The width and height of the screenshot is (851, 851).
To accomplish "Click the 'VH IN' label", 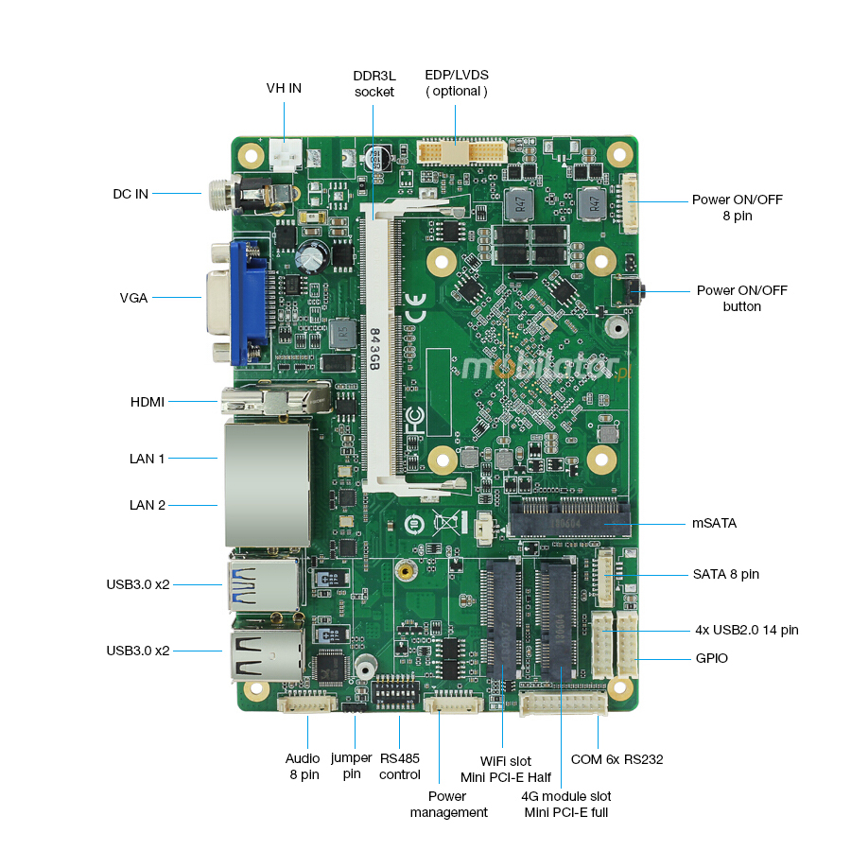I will [284, 88].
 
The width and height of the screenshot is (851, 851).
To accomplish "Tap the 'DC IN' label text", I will [130, 194].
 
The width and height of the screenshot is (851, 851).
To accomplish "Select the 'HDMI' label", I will [148, 402].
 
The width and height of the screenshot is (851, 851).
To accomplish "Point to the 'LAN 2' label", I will [148, 505].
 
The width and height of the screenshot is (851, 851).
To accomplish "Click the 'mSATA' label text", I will [714, 523].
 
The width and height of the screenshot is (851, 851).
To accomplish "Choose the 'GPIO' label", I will [712, 658].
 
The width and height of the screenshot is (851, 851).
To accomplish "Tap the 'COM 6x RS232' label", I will [617, 759].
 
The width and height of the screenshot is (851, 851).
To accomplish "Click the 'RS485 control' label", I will [400, 766].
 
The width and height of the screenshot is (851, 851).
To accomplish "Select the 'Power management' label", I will [449, 804].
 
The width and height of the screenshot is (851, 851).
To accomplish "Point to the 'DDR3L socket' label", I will [374, 83].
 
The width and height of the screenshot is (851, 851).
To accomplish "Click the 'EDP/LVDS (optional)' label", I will [457, 82].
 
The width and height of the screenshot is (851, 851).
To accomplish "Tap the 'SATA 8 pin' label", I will [726, 574].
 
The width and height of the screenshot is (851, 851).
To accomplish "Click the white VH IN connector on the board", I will [285, 152].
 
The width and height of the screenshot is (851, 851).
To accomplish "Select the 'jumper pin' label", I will [352, 766].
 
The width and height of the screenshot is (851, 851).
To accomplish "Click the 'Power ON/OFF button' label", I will [741, 298].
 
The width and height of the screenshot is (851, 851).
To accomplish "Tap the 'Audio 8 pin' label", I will [304, 766].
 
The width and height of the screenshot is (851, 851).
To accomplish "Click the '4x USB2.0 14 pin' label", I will [746, 630].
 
